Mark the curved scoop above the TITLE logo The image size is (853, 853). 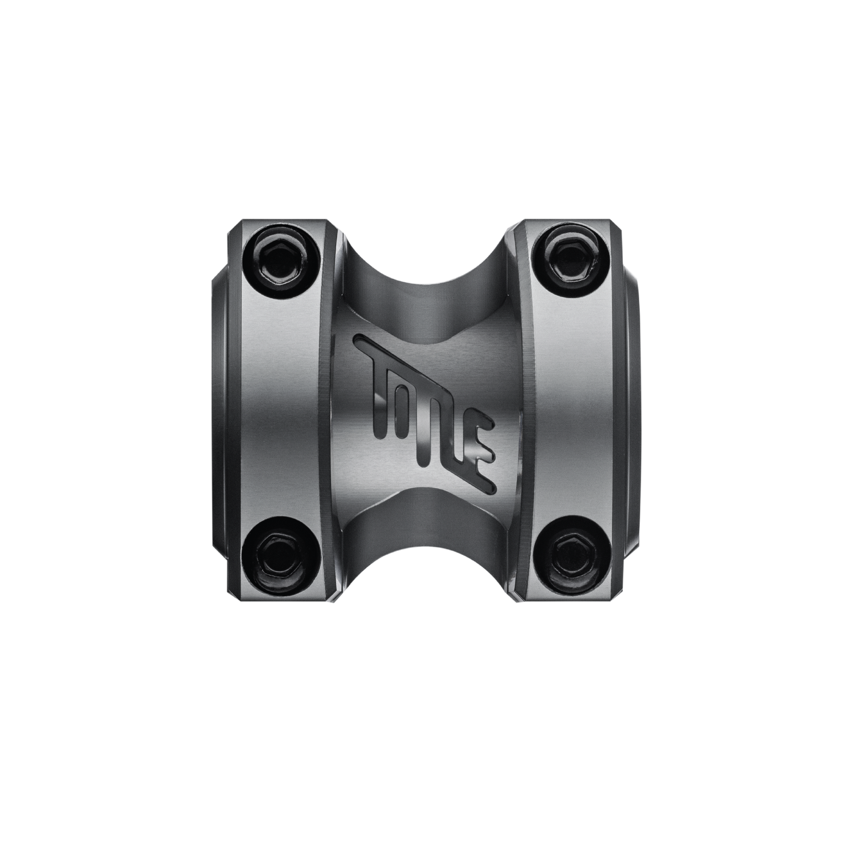[427, 283]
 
